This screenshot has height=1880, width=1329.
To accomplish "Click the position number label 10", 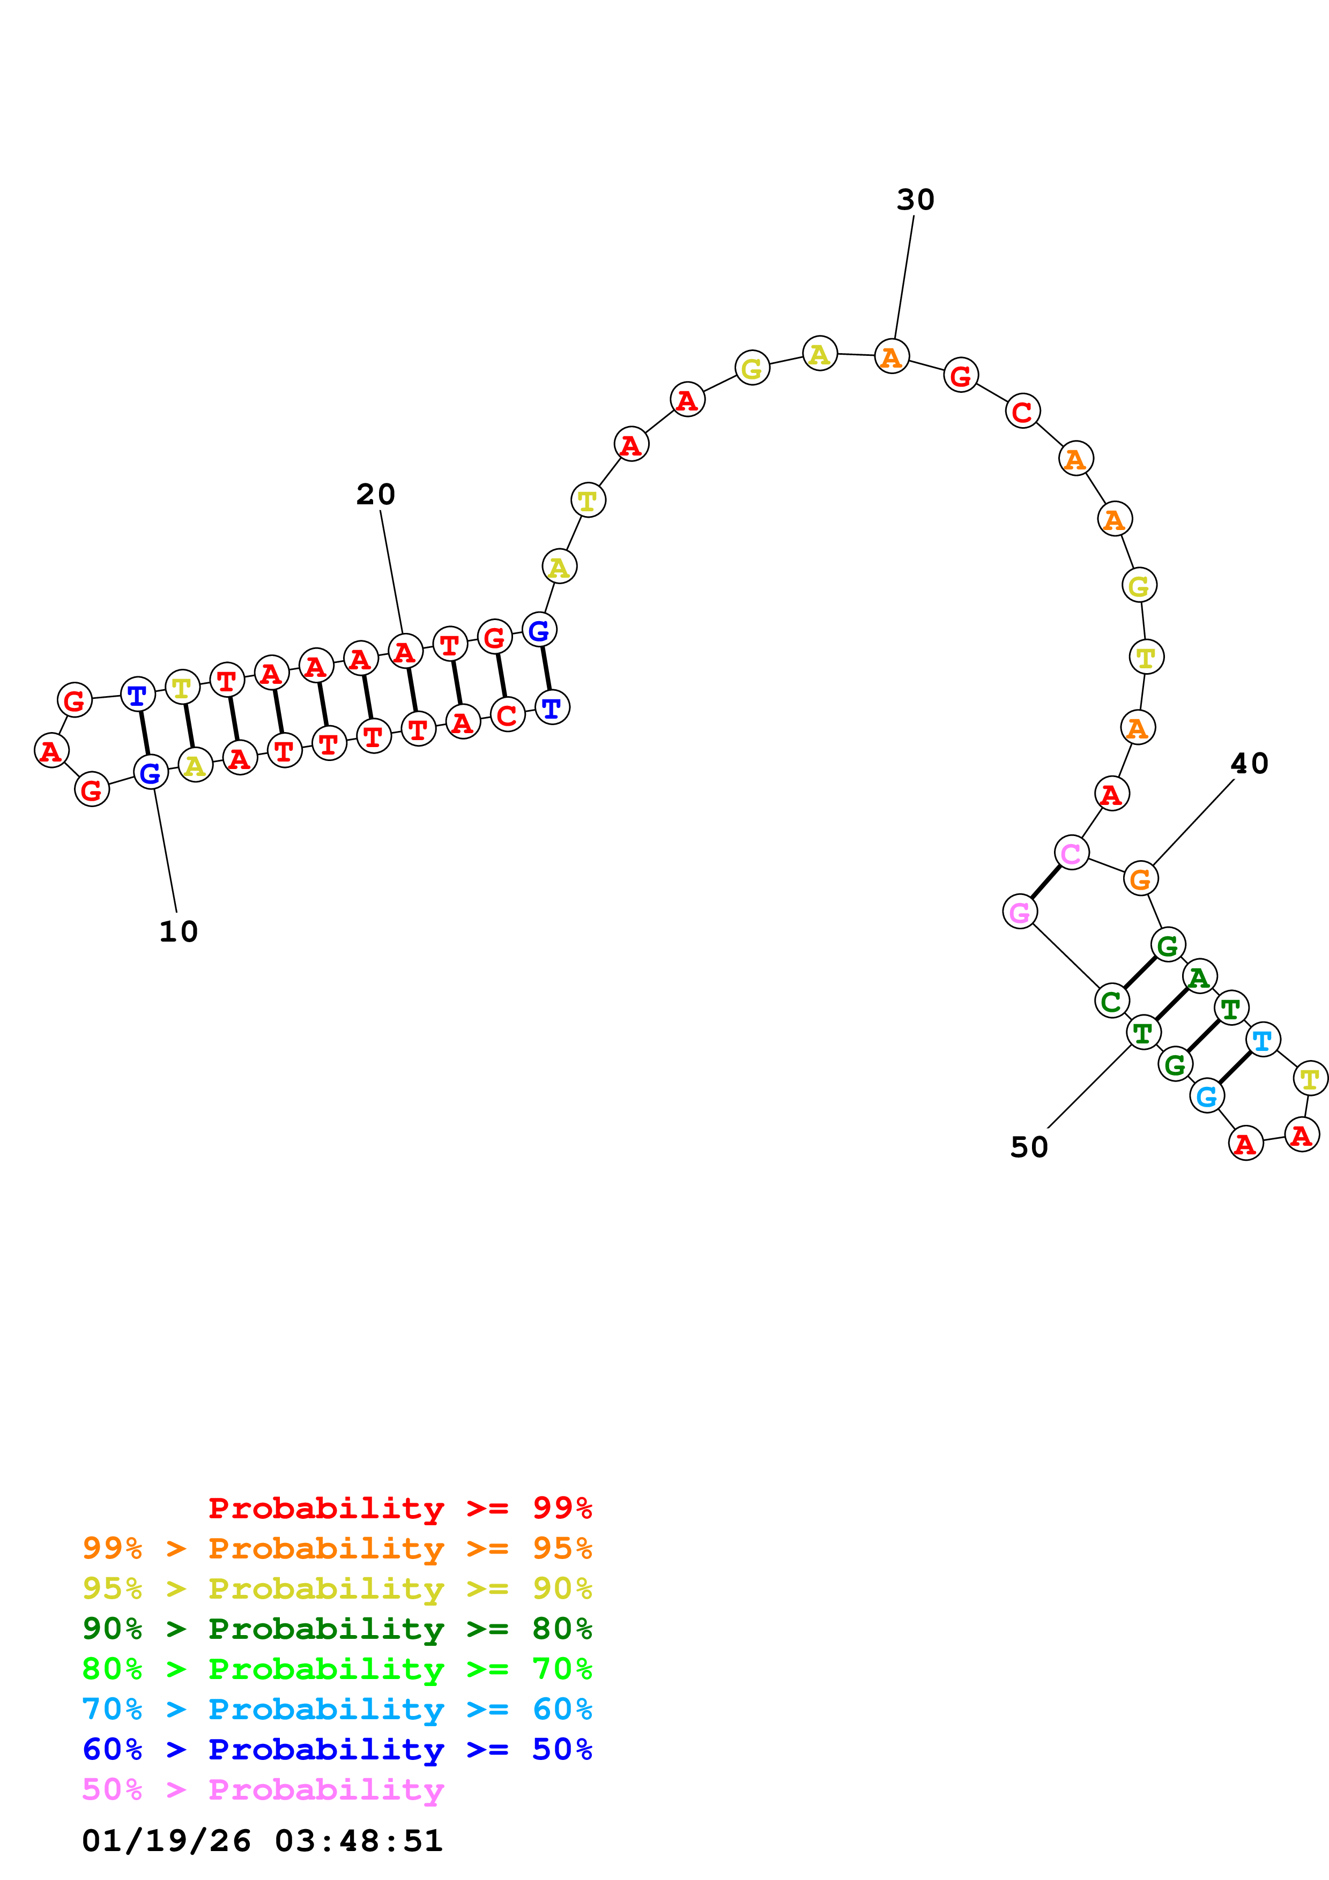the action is click(179, 932).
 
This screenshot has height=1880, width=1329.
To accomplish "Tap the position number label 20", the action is click(376, 495).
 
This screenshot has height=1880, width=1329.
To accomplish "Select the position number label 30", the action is click(916, 200).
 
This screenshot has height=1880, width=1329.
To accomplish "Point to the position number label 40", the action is click(1250, 764).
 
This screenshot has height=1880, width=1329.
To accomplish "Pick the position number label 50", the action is click(1029, 1147).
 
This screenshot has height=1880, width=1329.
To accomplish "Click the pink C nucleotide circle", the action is click(1071, 853).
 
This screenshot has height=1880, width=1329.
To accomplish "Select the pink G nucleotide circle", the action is click(1020, 912).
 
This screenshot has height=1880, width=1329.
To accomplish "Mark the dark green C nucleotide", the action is click(1111, 1001).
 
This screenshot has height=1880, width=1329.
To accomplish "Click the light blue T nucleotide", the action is click(1263, 1040).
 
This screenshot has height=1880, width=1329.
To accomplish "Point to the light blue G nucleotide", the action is click(1207, 1096).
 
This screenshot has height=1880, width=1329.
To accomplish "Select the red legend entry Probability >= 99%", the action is click(399, 1508).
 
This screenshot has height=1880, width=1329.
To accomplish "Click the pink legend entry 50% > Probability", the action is click(263, 1790).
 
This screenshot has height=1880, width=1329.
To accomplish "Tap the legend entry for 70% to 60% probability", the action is click(337, 1710).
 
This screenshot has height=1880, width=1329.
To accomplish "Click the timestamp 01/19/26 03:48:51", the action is click(262, 1841).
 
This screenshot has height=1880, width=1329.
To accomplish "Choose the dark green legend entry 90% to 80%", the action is click(337, 1629).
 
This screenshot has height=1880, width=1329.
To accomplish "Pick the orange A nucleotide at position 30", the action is click(892, 356).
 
